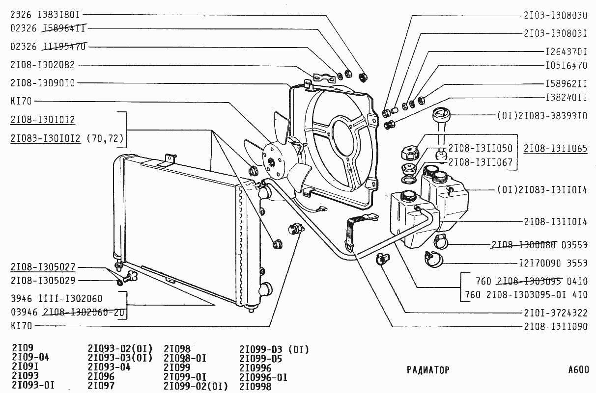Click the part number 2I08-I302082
(x=42, y=65)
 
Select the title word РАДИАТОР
(x=428, y=370)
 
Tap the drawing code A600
(x=578, y=370)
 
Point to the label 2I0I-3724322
(x=555, y=313)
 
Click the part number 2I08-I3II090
(x=555, y=327)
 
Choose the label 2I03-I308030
(x=555, y=15)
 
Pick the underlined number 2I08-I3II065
(x=555, y=148)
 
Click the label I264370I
(x=566, y=51)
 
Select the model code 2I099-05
(x=261, y=359)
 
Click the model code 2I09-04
(x=30, y=358)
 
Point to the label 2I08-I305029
(x=42, y=281)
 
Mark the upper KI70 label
(x=21, y=102)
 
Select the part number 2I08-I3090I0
(x=42, y=83)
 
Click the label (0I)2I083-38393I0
(x=542, y=117)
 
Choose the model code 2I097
(x=101, y=386)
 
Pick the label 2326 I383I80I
(x=45, y=15)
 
